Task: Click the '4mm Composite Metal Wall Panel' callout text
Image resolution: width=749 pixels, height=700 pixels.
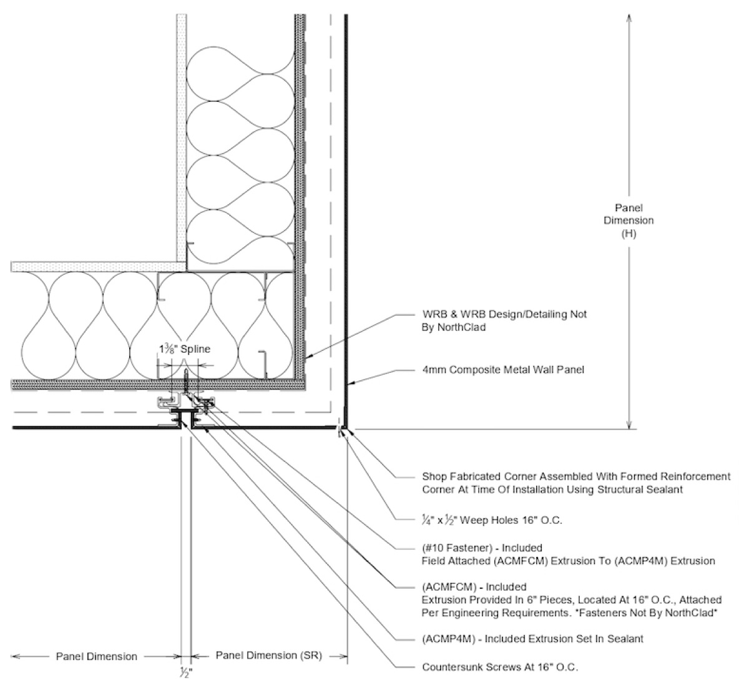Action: click(x=503, y=370)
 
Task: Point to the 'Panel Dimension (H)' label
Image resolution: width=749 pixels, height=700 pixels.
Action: click(x=632, y=220)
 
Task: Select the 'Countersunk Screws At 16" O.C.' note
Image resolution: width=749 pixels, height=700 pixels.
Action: click(x=500, y=667)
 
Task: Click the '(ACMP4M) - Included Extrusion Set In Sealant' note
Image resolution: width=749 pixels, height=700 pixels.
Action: click(x=532, y=639)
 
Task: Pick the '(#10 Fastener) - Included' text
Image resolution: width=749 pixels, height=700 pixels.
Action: click(x=482, y=548)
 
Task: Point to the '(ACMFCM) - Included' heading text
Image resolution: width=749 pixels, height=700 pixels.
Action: click(x=474, y=587)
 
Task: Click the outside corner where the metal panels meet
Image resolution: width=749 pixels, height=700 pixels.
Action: click(x=345, y=428)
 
